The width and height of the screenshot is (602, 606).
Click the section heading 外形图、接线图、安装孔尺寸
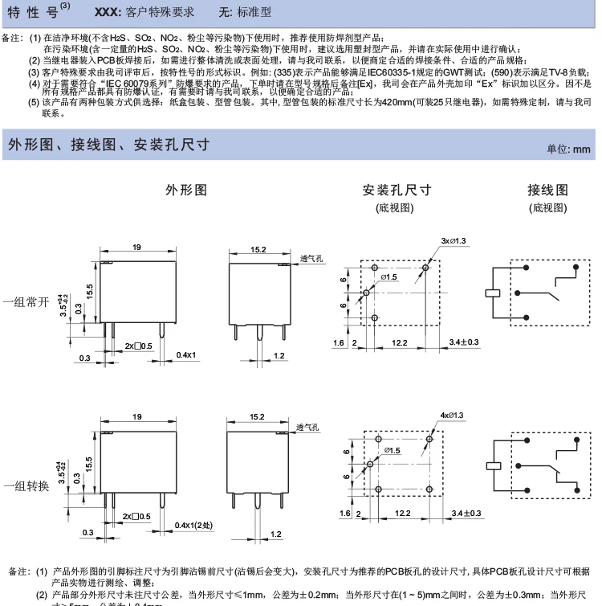pos(108,145)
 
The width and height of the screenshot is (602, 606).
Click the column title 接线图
pos(547,190)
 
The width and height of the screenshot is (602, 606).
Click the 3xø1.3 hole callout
pos(454,241)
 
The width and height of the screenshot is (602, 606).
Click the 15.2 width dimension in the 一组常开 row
pos(258,249)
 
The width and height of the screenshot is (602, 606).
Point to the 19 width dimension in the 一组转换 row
pos(136,416)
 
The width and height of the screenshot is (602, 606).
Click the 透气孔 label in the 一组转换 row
pos(308,427)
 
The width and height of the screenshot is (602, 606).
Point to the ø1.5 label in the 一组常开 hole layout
pos(389,277)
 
